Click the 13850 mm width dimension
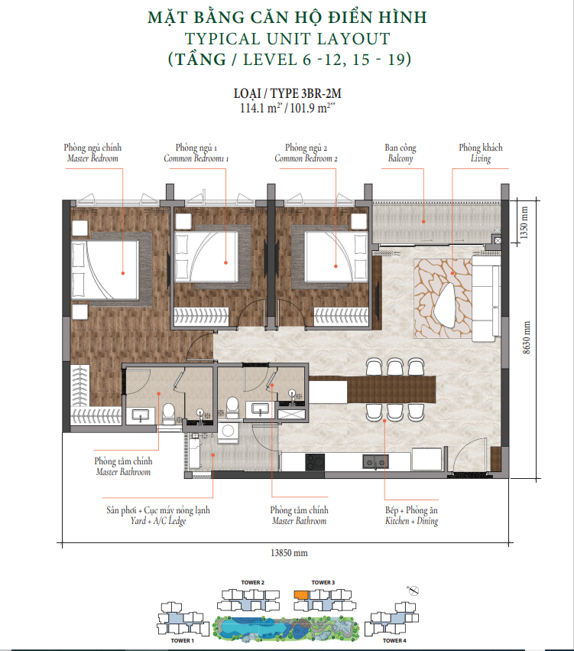[x=289, y=553]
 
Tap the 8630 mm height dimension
[x=527, y=337]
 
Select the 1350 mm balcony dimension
[x=524, y=223]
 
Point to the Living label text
[x=481, y=158]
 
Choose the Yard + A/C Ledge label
[x=158, y=521]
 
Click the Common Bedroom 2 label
[x=306, y=158]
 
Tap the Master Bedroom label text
[x=92, y=158]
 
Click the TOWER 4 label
[x=394, y=640]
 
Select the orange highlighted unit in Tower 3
[x=300, y=594]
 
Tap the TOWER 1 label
[x=182, y=640]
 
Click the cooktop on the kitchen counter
[x=315, y=462]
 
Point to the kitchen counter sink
[x=375, y=462]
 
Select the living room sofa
[x=485, y=298]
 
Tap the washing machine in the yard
[x=228, y=431]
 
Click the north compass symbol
[x=413, y=590]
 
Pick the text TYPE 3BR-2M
[x=306, y=93]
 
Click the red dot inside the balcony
[x=423, y=222]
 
